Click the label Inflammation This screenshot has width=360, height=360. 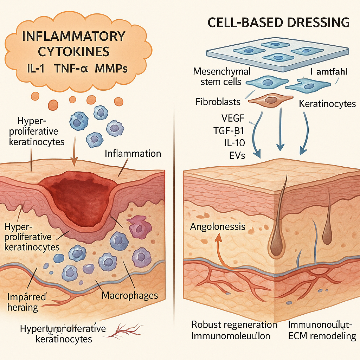133,154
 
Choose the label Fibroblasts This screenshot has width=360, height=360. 218,102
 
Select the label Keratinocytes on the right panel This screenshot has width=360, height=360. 327,104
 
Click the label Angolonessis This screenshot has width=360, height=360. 218,226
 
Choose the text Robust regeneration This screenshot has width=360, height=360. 234,324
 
